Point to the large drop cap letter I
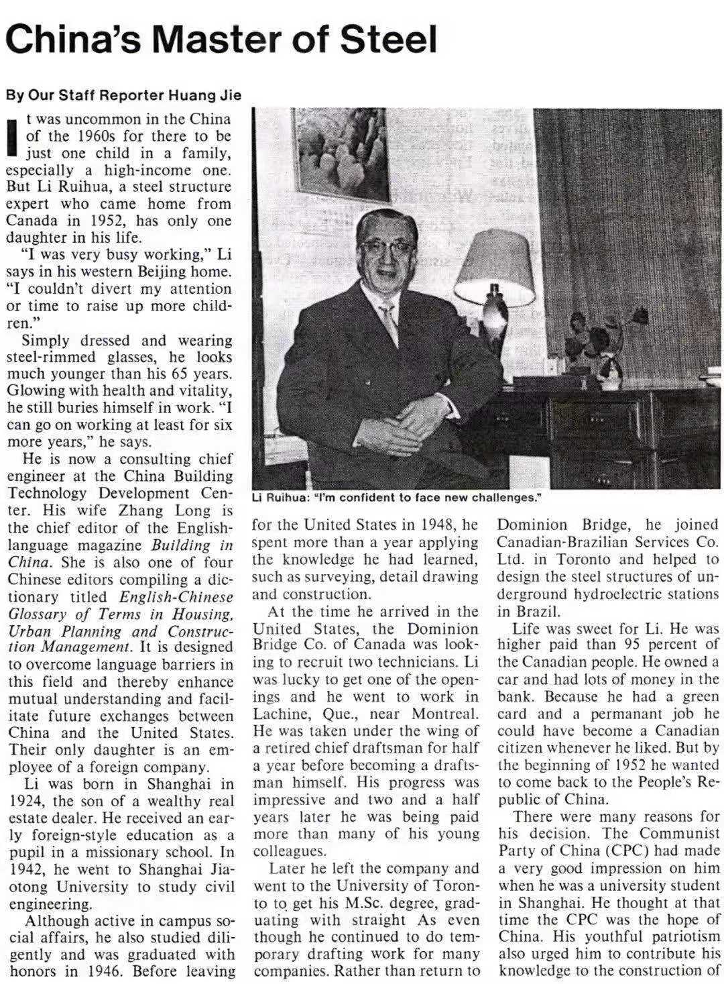11,136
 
